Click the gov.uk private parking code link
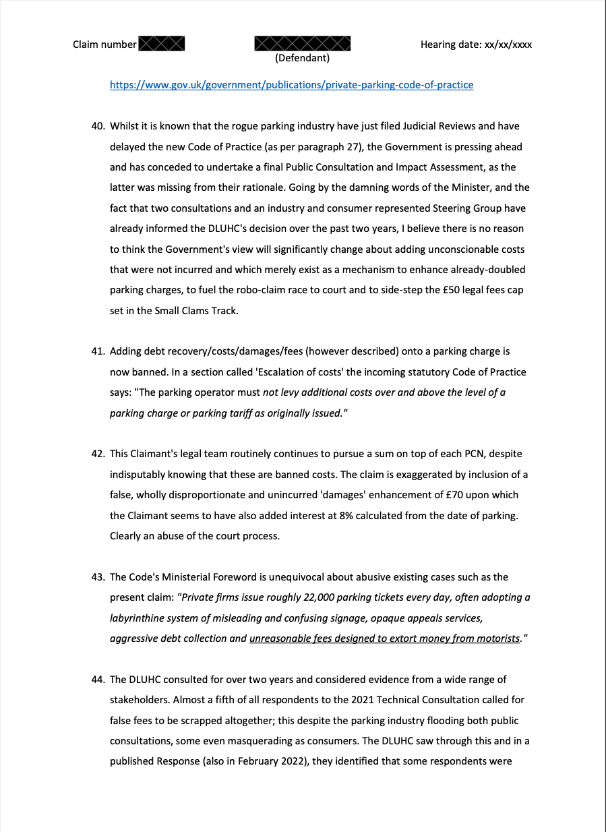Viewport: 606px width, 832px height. click(291, 85)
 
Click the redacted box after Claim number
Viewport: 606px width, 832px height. click(162, 44)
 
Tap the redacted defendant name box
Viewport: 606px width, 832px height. click(302, 44)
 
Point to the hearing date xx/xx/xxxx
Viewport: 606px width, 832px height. click(508, 44)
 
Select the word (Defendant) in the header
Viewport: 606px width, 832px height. click(302, 58)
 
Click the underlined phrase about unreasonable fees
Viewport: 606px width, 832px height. click(384, 638)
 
